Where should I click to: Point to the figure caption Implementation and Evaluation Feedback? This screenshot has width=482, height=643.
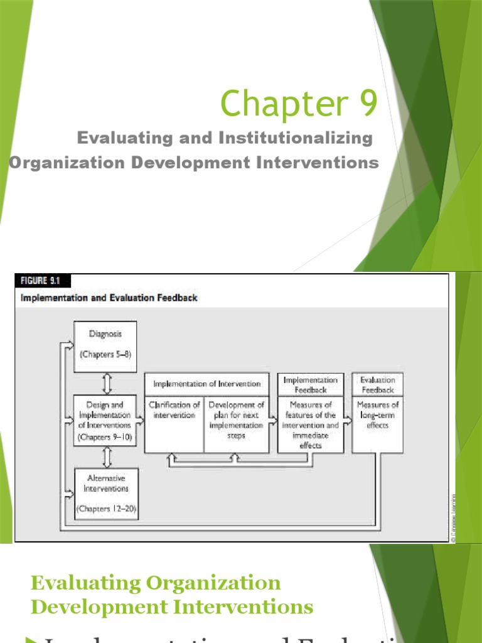pyautogui.click(x=109, y=298)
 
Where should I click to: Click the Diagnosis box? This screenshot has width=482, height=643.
pyautogui.click(x=105, y=346)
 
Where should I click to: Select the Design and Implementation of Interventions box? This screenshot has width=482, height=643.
pyautogui.click(x=105, y=419)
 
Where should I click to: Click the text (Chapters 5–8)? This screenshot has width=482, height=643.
pyautogui.click(x=105, y=354)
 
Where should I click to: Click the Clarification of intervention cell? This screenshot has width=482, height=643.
pyautogui.click(x=174, y=410)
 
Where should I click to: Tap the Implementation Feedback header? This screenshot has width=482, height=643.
pyautogui.click(x=311, y=384)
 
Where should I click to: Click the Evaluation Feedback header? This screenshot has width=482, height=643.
pyautogui.click(x=377, y=384)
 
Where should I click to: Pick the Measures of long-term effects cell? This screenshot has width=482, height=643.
pyautogui.click(x=377, y=415)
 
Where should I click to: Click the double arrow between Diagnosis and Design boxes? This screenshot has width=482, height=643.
pyautogui.click(x=105, y=383)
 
